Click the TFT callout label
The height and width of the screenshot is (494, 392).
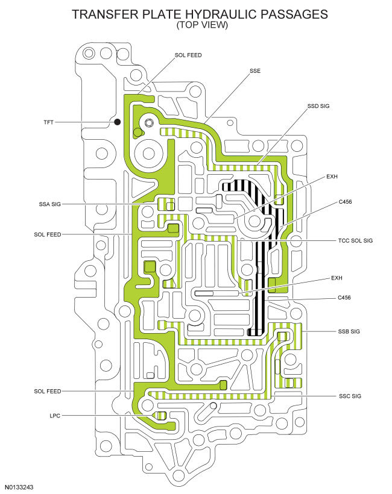pos(49,122)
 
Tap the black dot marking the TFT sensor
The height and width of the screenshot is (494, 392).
pos(118,122)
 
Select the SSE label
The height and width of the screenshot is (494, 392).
pos(255,71)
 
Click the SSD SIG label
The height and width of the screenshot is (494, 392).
pos(318,106)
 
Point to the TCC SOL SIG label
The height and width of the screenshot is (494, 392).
pos(355,241)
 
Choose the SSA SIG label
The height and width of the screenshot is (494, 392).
pos(50,204)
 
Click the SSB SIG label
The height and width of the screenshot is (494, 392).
pos(349,331)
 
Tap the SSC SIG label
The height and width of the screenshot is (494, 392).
pos(350,396)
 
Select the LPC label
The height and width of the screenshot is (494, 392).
pos(55,416)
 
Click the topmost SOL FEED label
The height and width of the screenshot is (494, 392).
pos(188,55)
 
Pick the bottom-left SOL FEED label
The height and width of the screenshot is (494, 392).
pos(48,392)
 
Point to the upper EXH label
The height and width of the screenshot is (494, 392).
pos(332,177)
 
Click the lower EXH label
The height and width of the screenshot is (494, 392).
pos(337,278)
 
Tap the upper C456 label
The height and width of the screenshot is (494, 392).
pos(345,202)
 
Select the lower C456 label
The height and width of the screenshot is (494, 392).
pos(344,298)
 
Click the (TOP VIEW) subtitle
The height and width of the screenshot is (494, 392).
pos(202,25)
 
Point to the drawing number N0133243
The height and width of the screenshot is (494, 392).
pos(19,487)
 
